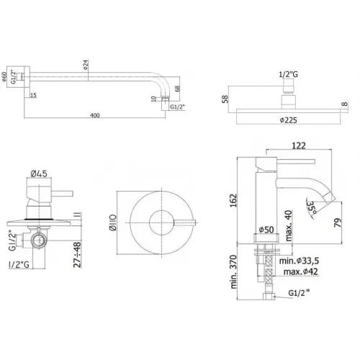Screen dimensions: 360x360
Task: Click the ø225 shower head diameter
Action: pos(288,120)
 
